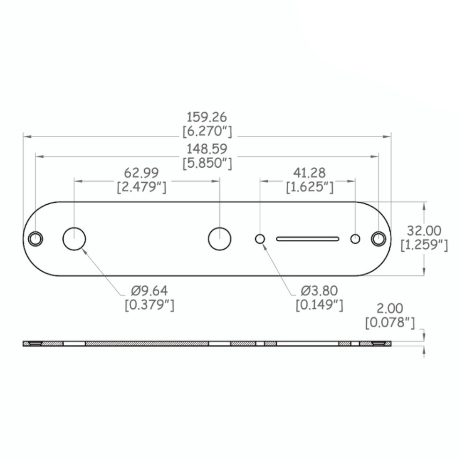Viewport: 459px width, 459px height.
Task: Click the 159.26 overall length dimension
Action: pyautogui.click(x=207, y=117)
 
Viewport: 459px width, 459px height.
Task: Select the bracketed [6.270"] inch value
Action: pyautogui.click(x=207, y=131)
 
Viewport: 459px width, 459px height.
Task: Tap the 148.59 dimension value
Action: pyautogui.click(x=207, y=149)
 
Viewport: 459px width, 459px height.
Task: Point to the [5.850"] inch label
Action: pyautogui.click(x=207, y=163)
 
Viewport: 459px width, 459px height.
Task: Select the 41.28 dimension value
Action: pyautogui.click(x=309, y=173)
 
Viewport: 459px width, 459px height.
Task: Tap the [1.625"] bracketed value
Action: pyautogui.click(x=309, y=187)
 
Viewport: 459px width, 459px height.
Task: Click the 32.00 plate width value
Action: pyautogui.click(x=423, y=230)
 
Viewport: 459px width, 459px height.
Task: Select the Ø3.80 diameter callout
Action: pyautogui.click(x=319, y=291)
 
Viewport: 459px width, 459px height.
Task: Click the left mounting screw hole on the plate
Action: pyautogui.click(x=35, y=238)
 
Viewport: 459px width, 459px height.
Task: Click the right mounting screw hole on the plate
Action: pyautogui.click(x=378, y=238)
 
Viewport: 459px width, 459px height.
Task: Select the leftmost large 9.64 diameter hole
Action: pyautogui.click(x=74, y=238)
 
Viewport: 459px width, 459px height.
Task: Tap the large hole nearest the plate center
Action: pyautogui.click(x=219, y=238)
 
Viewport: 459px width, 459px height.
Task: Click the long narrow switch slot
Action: pyautogui.click(x=308, y=239)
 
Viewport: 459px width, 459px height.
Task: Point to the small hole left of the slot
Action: pyautogui.click(x=260, y=239)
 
